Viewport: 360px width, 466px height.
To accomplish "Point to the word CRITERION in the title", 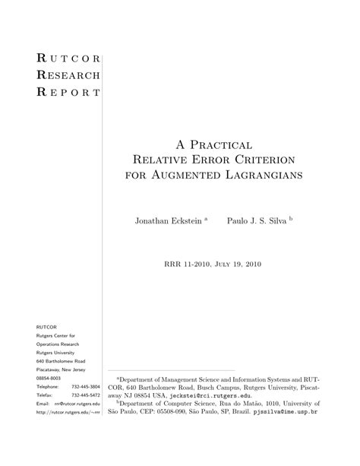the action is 257,160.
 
